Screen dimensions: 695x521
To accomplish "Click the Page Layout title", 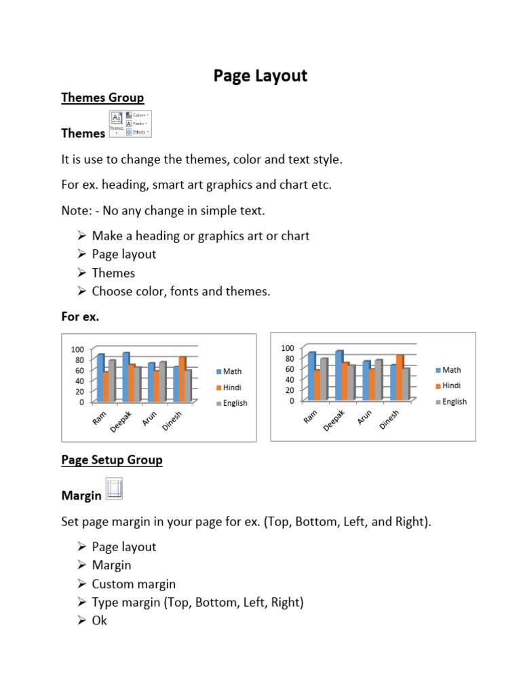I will click(x=260, y=75).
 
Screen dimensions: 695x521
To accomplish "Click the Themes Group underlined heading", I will click(x=102, y=98).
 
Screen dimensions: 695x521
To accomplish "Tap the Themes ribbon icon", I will click(x=117, y=123).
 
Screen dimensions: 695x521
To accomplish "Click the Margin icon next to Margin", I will click(x=114, y=489).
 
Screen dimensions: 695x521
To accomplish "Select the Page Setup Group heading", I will click(x=112, y=460).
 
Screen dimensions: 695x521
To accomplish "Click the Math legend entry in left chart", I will click(x=229, y=371).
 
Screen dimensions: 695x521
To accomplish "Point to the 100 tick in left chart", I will click(x=77, y=349).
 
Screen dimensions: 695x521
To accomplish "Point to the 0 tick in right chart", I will click(x=290, y=400).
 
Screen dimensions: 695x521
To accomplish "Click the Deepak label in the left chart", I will click(x=122, y=421).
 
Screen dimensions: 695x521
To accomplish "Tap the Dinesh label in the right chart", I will click(x=389, y=419).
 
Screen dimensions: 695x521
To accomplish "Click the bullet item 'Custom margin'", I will click(x=134, y=584).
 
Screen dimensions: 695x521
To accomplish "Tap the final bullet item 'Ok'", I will click(x=100, y=620).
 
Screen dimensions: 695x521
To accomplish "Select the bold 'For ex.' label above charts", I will click(x=80, y=316).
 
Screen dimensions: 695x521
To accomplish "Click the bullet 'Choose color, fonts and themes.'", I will click(x=181, y=291).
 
